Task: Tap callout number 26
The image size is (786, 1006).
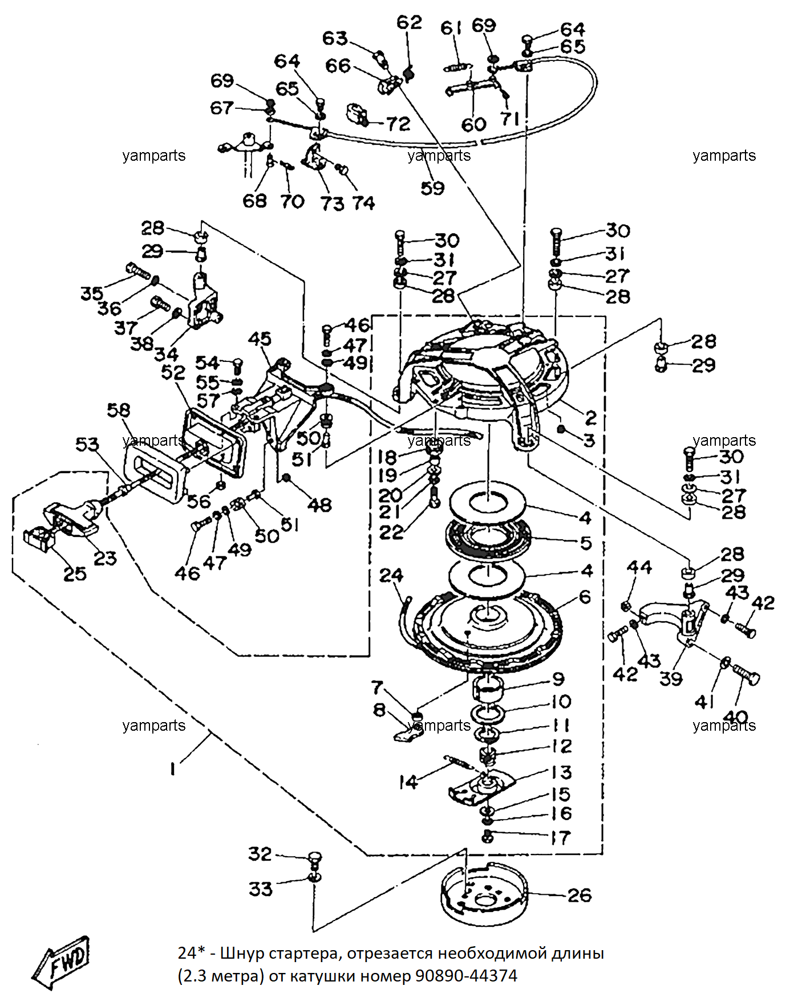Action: coord(580,895)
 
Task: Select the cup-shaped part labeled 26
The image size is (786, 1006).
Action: coord(485,894)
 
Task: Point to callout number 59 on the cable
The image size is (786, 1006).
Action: coord(432,188)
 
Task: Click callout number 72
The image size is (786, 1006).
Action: coord(398,124)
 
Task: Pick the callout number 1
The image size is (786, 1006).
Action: coord(172,769)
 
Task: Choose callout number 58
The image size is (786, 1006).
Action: coord(119,410)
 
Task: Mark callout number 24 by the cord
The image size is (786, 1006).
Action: coord(391,575)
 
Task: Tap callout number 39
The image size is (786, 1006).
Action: coord(671,678)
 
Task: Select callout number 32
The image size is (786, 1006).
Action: coord(260,853)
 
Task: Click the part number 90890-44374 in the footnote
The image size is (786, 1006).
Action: coord(466,976)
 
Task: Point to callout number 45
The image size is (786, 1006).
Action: coord(260,339)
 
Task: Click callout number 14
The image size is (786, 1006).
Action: coord(408,782)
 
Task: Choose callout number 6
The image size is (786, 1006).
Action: coord(585,597)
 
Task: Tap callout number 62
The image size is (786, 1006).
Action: coord(409,22)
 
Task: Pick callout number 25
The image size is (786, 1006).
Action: coord(75,573)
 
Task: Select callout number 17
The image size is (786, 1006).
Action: coord(561,837)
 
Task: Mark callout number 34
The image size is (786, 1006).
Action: coord(166,353)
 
